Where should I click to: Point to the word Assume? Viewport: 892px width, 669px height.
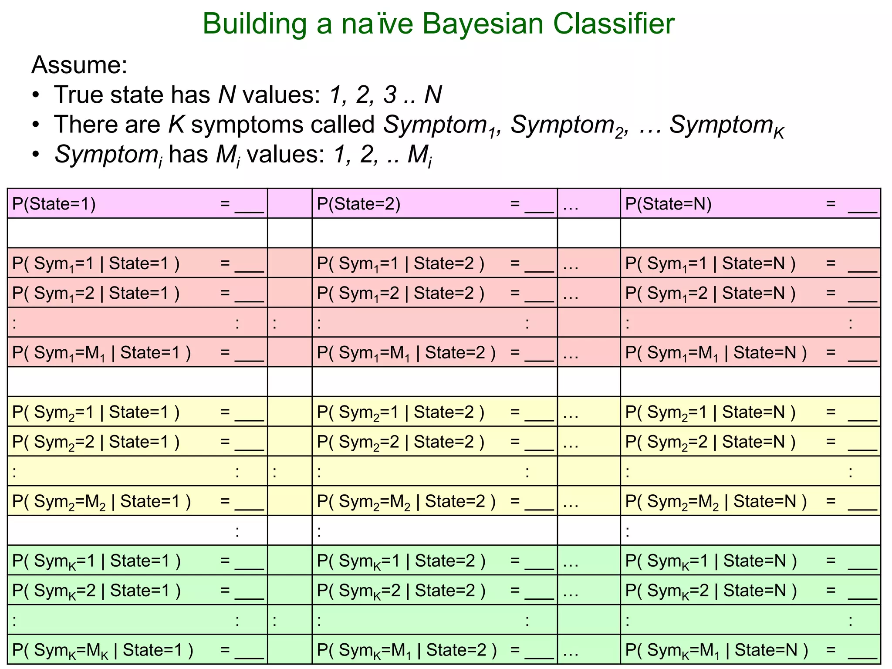click(79, 65)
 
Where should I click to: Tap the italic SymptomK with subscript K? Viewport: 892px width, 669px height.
click(726, 125)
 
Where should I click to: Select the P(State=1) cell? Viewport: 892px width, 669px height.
click(54, 204)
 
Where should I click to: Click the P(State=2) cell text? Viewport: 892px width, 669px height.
click(358, 204)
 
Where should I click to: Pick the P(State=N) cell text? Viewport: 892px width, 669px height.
click(668, 204)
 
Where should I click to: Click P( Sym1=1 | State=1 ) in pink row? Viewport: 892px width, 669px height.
click(96, 264)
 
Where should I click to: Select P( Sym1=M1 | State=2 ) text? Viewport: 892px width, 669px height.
click(406, 353)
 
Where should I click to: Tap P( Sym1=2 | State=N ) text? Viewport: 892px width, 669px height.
click(710, 294)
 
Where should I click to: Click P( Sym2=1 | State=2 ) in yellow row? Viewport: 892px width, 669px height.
click(400, 412)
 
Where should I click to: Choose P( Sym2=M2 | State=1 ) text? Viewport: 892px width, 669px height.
click(101, 501)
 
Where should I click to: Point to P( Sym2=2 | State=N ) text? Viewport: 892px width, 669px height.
click(710, 442)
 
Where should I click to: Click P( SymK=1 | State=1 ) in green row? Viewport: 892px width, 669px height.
click(96, 561)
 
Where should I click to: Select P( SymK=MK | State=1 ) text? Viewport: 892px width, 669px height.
click(102, 650)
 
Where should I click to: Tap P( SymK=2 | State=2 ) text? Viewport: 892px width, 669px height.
click(401, 591)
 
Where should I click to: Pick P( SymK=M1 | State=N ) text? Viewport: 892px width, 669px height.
click(716, 650)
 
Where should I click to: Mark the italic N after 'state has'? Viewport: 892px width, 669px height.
click(227, 95)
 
